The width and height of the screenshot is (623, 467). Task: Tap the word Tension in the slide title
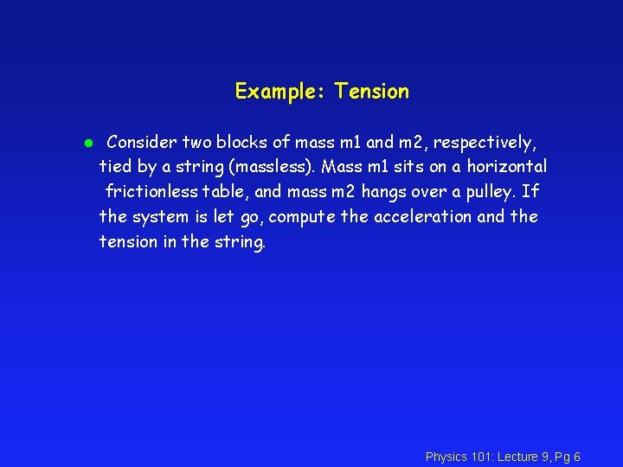click(372, 91)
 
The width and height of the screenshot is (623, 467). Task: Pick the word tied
click(116, 166)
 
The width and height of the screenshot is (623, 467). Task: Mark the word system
click(160, 216)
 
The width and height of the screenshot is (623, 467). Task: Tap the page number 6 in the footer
click(576, 457)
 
